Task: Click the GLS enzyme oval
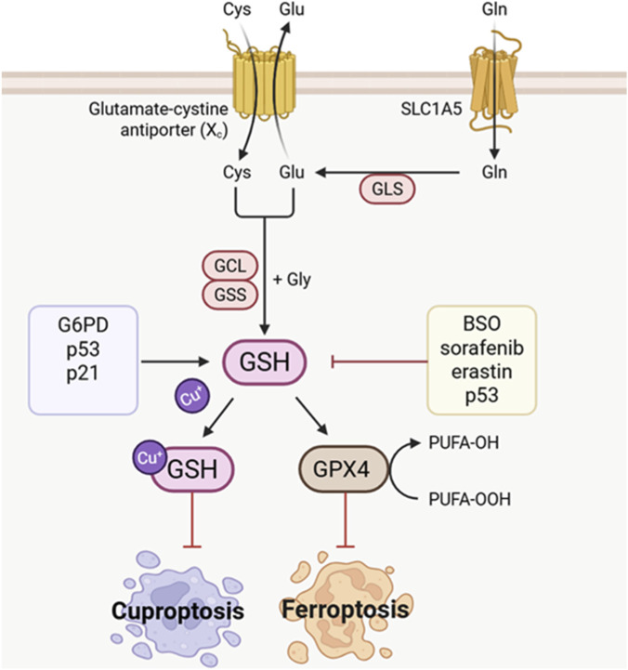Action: pos(387,189)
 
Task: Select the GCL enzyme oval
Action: pos(229,266)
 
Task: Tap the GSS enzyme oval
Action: pos(229,295)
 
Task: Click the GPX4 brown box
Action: pos(343,468)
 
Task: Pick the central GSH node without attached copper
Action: pos(265,361)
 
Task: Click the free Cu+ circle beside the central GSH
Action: pos(192,396)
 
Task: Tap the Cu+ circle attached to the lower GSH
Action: pos(149,457)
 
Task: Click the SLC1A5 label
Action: pos(431,110)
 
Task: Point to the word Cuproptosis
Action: pos(177,611)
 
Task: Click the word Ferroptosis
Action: pos(346,610)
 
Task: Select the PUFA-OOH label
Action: pos(469,499)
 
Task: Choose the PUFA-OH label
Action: pos(464,442)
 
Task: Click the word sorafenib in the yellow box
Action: pos(482,348)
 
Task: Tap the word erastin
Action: pos(482,372)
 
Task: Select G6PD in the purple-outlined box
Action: pos(83,325)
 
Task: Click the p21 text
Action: pos(83,374)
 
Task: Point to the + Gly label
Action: pos(293,280)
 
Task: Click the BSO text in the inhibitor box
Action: pos(482,323)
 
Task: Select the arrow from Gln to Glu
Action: pos(387,173)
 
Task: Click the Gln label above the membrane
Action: pos(494,9)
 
